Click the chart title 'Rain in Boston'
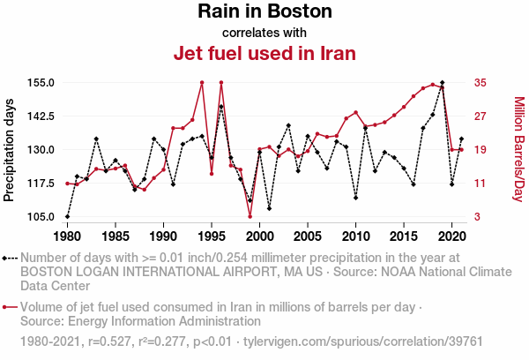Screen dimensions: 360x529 pos(264,12)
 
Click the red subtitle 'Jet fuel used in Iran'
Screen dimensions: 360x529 pos(264,53)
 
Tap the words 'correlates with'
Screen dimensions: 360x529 pos(264,33)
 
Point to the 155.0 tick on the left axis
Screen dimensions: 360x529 pos(41,83)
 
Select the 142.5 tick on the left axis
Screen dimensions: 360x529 pos(41,116)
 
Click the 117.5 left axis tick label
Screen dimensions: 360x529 pos(41,184)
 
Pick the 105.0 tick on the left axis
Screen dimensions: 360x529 pos(41,217)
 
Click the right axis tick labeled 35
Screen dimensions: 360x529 pos(481,83)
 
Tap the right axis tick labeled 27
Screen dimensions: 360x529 pos(481,116)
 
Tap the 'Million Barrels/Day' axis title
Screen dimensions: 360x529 pos(518,148)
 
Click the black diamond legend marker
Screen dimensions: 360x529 pos(6,258)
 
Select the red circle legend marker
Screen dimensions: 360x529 pos(6,307)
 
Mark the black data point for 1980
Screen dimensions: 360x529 pos(67,216)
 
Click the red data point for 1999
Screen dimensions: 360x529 pos(250,216)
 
